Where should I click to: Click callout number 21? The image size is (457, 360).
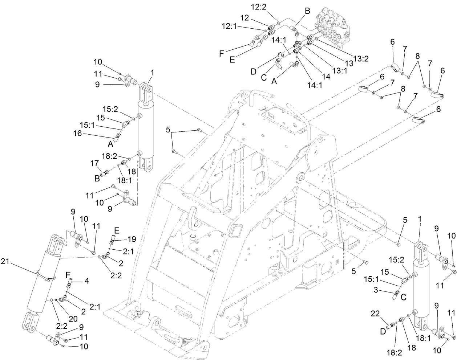pyautogui.click(x=5, y=261)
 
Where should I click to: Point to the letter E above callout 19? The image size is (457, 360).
pyautogui.click(x=117, y=230)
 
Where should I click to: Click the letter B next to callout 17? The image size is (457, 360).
pyautogui.click(x=97, y=178)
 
